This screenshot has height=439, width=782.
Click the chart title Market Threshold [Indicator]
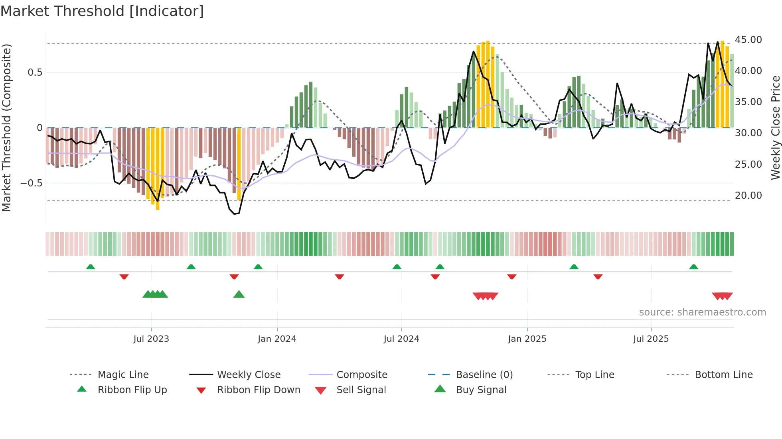(102, 11)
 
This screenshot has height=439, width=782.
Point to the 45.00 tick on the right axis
(748, 40)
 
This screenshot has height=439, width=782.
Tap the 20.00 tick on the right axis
(748, 196)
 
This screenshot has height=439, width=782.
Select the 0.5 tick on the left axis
(35, 73)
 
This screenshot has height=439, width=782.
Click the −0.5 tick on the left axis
(31, 183)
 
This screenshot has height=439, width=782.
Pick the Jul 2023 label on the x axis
(151, 339)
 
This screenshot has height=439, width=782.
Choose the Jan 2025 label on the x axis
(527, 339)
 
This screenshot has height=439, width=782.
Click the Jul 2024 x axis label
(401, 339)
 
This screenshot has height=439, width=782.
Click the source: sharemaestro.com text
(702, 312)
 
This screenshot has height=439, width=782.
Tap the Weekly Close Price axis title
(775, 127)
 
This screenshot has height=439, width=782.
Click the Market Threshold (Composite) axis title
(6, 127)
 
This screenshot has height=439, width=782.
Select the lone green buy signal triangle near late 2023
(239, 294)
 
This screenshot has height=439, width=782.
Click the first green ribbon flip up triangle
(91, 267)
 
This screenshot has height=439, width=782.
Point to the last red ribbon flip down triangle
(598, 276)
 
